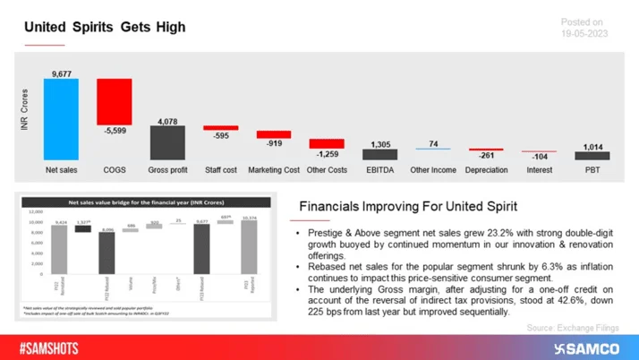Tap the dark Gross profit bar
(166, 141)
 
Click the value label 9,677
(61, 73)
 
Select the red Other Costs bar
(326, 143)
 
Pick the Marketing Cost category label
(273, 169)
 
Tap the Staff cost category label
(219, 169)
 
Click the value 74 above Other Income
(432, 143)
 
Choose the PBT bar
(592, 156)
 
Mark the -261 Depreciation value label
(485, 156)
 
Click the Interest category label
(539, 169)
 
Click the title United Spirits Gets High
(105, 27)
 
